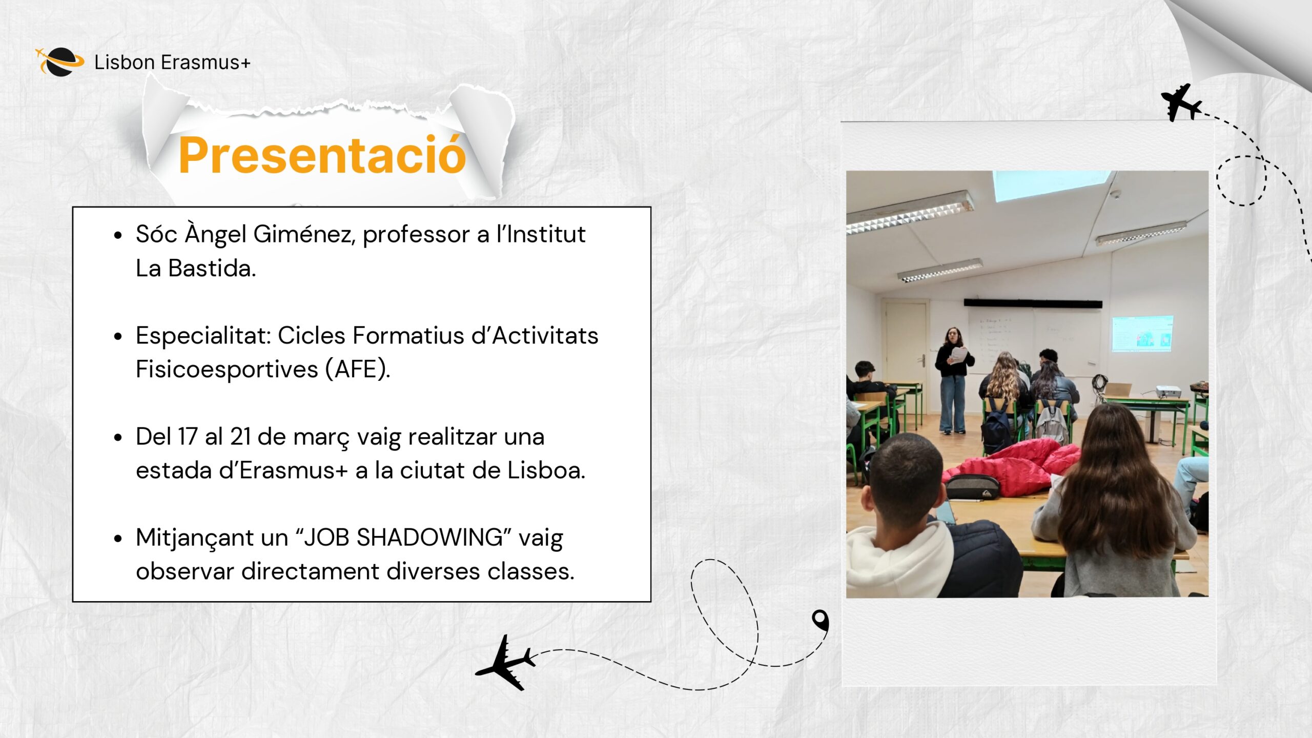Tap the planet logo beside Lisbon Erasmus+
[60, 62]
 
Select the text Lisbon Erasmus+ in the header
[172, 63]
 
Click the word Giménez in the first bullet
[304, 234]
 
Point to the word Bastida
[212, 268]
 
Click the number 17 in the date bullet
[188, 437]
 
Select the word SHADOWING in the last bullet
[429, 538]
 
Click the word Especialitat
[203, 336]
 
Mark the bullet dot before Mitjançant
[118, 539]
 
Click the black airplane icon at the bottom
[505, 663]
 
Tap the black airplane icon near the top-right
[1181, 103]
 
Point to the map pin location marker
[821, 620]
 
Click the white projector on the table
[1168, 392]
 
